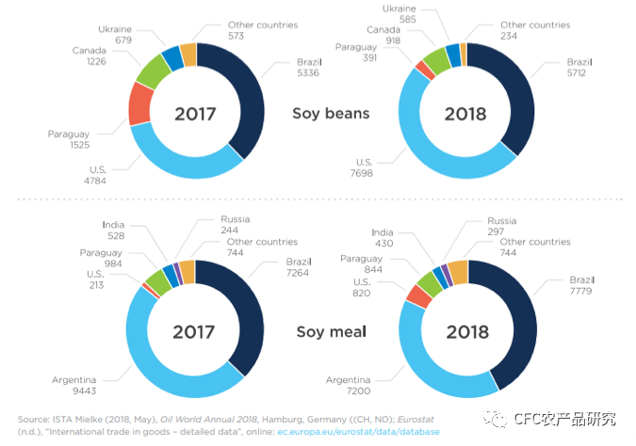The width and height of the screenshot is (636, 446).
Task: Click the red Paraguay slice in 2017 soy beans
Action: click(x=140, y=103)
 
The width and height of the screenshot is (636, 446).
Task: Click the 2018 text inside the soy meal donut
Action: click(x=467, y=332)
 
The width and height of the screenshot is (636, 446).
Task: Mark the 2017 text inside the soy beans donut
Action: click(x=195, y=114)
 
